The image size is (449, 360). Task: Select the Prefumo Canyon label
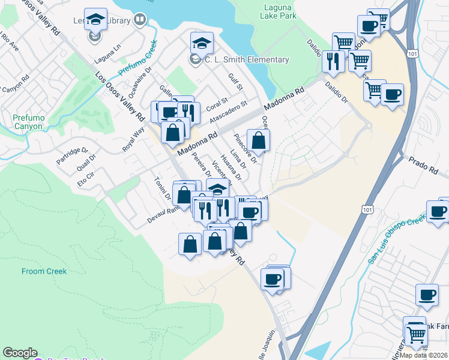tap(28, 122)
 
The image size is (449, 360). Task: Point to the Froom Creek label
tap(44, 271)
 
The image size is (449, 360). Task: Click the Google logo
tap(20, 353)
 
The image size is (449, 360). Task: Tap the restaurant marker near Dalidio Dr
tap(332, 60)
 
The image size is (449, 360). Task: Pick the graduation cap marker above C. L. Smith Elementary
tap(202, 42)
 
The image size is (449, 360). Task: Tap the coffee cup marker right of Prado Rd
tap(437, 211)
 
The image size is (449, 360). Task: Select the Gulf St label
tap(235, 82)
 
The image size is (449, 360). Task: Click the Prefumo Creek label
tap(137, 58)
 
